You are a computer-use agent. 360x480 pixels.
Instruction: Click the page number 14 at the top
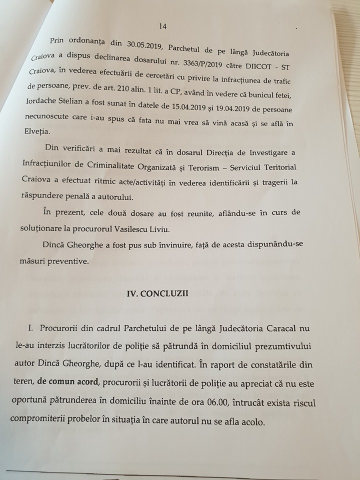click(162, 26)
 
